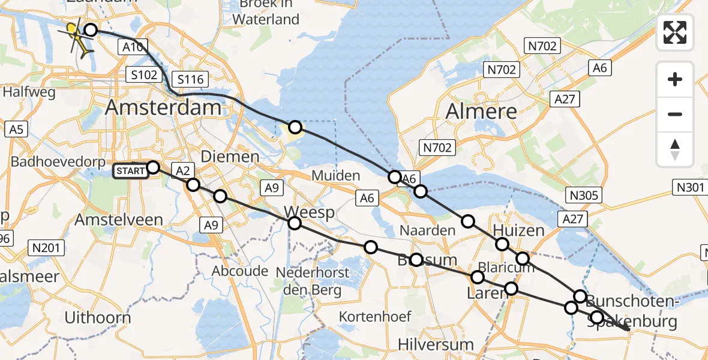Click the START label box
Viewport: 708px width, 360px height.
pyautogui.click(x=130, y=171)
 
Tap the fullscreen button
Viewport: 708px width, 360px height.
pyautogui.click(x=675, y=32)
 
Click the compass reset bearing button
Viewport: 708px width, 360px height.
pyautogui.click(x=675, y=149)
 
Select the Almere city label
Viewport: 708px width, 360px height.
pyautogui.click(x=481, y=111)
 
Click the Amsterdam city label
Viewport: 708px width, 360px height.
pyautogui.click(x=163, y=109)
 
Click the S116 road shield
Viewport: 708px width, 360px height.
pyautogui.click(x=190, y=79)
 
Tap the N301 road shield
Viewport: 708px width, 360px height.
pyautogui.click(x=690, y=188)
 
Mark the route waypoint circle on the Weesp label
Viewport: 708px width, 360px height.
pyautogui.click(x=295, y=223)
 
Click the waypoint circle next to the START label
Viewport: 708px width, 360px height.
pyautogui.click(x=153, y=167)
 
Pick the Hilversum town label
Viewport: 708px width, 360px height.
pyautogui.click(x=436, y=344)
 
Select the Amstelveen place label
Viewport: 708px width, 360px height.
pyautogui.click(x=119, y=220)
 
